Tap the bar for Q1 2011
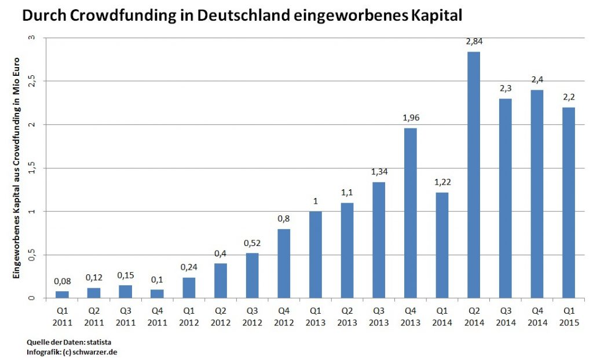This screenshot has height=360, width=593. click(x=63, y=295)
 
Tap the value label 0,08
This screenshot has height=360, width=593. click(x=63, y=281)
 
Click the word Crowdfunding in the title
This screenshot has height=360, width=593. click(x=120, y=16)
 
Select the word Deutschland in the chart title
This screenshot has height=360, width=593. click(x=245, y=16)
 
